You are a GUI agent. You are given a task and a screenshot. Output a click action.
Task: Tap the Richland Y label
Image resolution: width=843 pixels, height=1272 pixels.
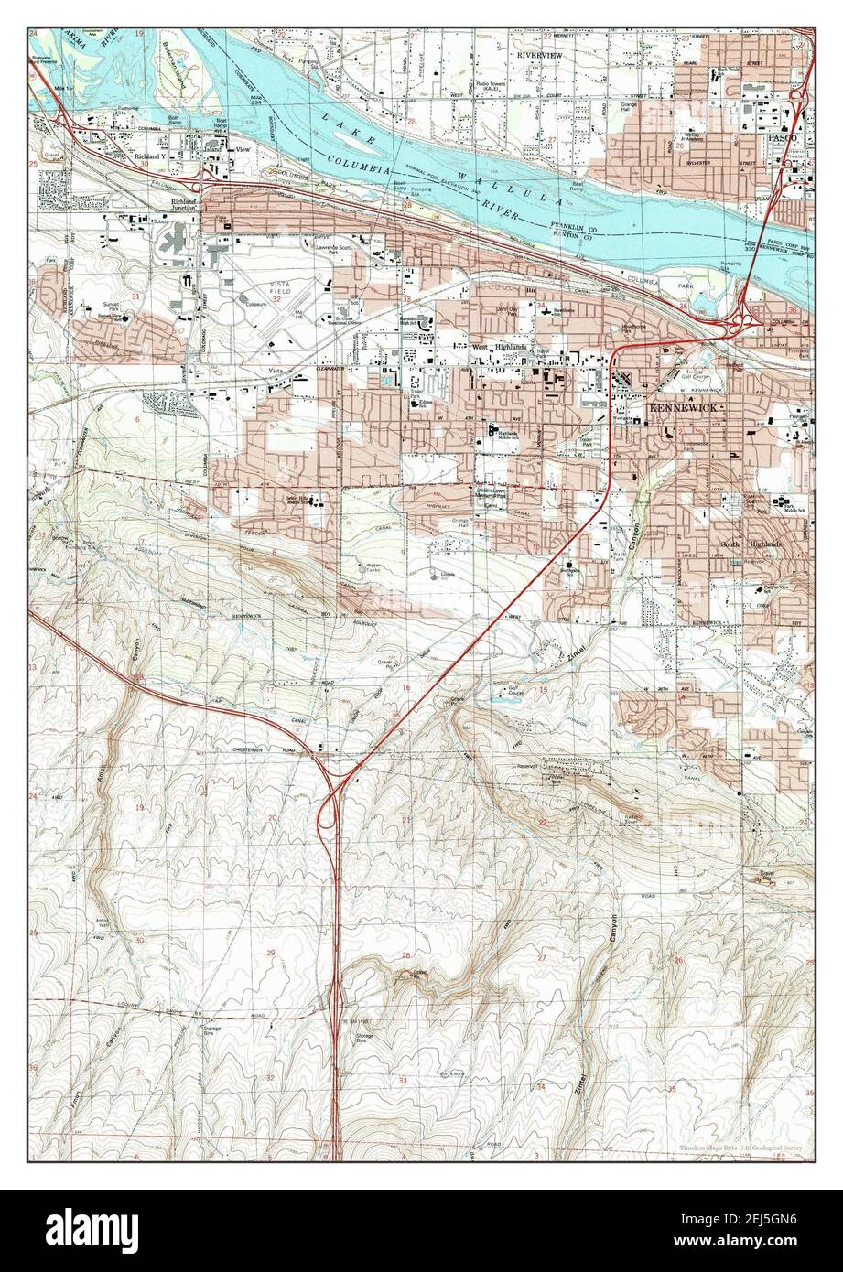151,156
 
